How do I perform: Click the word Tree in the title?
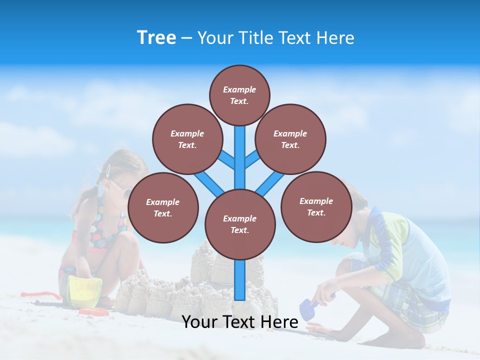pyautogui.click(x=156, y=37)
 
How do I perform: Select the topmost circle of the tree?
pyautogui.click(x=239, y=95)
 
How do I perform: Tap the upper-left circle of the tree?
pyautogui.click(x=187, y=139)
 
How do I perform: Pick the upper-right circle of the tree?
pyautogui.click(x=290, y=139)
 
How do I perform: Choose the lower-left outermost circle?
pyautogui.click(x=163, y=207)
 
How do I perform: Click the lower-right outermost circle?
pyautogui.click(x=316, y=206)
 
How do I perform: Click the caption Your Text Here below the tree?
pyautogui.click(x=240, y=322)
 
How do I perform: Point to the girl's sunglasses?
pyautogui.click(x=119, y=188)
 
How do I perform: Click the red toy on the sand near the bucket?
pyautogui.click(x=94, y=312)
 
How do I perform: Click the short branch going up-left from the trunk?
pyautogui.click(x=227, y=159)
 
